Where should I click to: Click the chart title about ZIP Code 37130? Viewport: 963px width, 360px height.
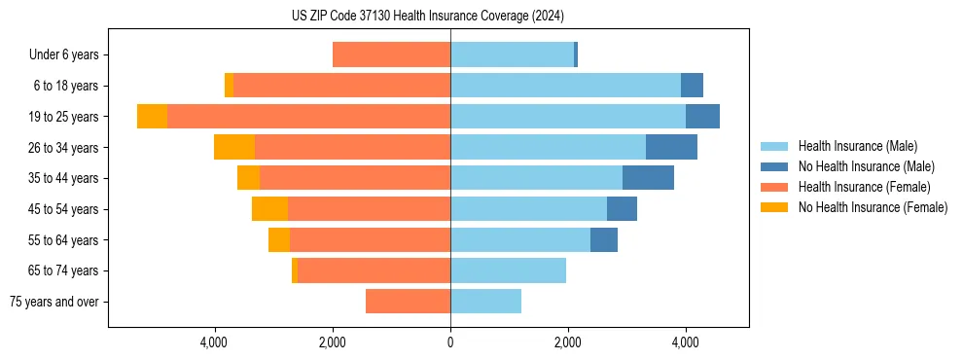click(427, 17)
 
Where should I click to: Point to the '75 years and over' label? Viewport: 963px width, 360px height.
click(54, 302)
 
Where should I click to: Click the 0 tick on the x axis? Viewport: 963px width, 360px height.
click(450, 342)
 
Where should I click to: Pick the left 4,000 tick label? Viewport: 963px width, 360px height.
click(214, 342)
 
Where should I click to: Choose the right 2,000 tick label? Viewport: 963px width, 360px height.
click(568, 342)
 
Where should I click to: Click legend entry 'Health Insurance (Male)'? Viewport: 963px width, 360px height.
click(857, 146)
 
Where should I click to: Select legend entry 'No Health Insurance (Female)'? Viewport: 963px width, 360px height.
click(873, 207)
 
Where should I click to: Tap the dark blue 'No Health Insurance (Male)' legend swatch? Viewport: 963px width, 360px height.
click(775, 166)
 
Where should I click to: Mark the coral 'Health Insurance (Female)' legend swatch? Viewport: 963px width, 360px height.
click(775, 187)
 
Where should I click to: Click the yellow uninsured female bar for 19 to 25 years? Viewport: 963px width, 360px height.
click(152, 117)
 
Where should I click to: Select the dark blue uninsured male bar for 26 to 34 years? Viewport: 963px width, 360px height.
click(671, 147)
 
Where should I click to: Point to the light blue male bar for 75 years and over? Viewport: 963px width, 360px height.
click(485, 302)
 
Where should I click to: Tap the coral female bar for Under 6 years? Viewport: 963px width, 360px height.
click(391, 55)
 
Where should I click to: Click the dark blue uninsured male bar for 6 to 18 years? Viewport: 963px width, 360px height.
click(692, 86)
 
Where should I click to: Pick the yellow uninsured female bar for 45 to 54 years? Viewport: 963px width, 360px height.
click(269, 209)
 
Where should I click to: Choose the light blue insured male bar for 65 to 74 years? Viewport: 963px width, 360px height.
click(508, 270)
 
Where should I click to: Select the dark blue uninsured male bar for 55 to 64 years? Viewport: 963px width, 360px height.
click(604, 239)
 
